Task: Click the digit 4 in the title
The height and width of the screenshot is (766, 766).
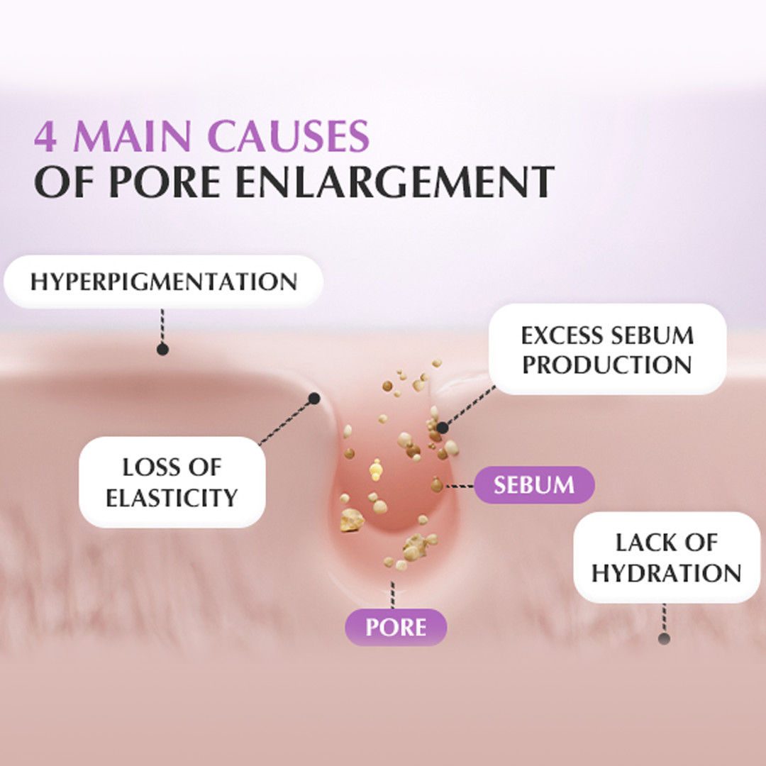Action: pyautogui.click(x=45, y=137)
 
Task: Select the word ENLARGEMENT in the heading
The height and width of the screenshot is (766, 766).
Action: pyautogui.click(x=394, y=182)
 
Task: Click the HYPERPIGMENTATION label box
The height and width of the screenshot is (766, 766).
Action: pyautogui.click(x=163, y=282)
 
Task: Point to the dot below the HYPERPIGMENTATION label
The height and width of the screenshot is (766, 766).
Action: pyautogui.click(x=162, y=349)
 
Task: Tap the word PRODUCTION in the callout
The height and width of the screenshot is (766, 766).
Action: pyautogui.click(x=607, y=365)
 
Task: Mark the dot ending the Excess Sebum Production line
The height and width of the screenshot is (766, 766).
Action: pyautogui.click(x=443, y=428)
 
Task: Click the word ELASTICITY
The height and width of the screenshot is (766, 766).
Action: pyautogui.click(x=172, y=497)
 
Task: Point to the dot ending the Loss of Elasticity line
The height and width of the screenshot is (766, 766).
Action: pyautogui.click(x=314, y=399)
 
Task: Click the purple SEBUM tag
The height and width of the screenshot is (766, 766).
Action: pyautogui.click(x=534, y=485)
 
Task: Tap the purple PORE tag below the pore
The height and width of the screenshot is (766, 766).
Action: pyautogui.click(x=396, y=627)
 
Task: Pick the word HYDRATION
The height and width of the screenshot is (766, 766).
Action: pyautogui.click(x=666, y=573)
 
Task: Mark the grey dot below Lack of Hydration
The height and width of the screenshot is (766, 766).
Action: pyautogui.click(x=664, y=638)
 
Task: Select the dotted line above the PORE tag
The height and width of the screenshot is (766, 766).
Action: pyautogui.click(x=392, y=594)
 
